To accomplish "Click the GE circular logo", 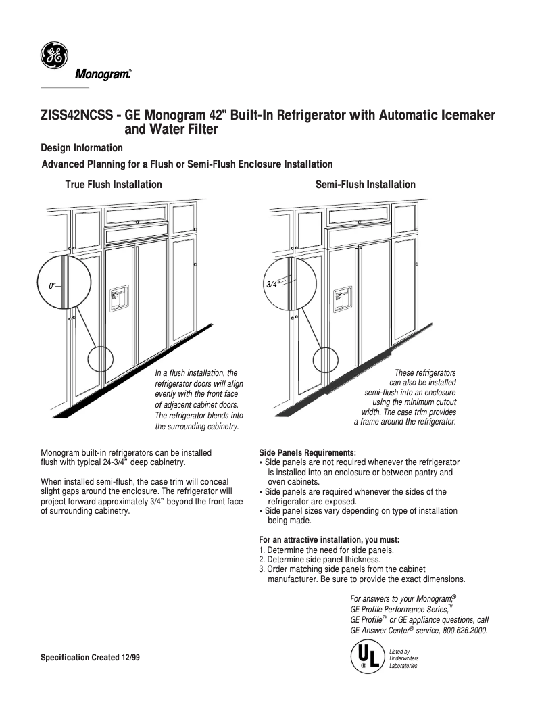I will pos(54,55).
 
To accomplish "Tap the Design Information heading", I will pos(82,148).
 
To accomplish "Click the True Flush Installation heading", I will pos(114,185).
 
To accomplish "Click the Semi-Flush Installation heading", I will pos(366,185).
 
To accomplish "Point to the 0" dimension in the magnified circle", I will pos(53,286).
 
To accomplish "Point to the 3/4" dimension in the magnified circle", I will pos(272,285).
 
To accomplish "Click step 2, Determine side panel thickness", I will pos(320,560).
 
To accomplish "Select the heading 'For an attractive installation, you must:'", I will pos(329,540).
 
